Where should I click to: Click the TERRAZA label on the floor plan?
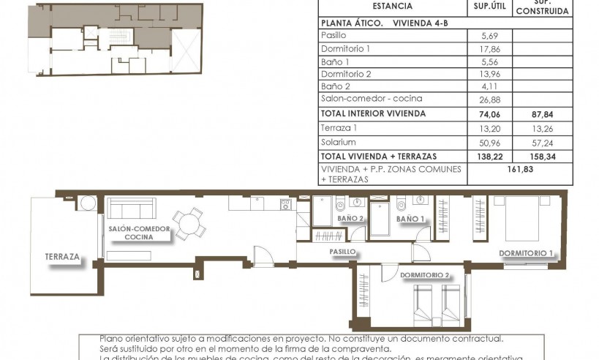click(x=62, y=258)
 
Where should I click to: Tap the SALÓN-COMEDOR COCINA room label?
click(x=139, y=233)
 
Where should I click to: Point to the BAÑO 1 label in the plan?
click(x=411, y=219)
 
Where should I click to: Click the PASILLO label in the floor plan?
click(x=342, y=251)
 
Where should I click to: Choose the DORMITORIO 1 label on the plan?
click(x=526, y=254)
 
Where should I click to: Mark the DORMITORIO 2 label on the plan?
click(x=425, y=275)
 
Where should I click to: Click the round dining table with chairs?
click(x=190, y=220)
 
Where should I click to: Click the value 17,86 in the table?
click(x=489, y=48)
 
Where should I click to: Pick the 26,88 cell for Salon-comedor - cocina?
click(x=489, y=99)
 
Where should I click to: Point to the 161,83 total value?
click(x=519, y=173)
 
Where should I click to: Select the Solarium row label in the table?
click(x=339, y=142)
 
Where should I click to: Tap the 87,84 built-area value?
click(x=542, y=113)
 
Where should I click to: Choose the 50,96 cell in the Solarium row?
click(x=489, y=142)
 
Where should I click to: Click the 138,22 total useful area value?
click(x=489, y=157)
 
